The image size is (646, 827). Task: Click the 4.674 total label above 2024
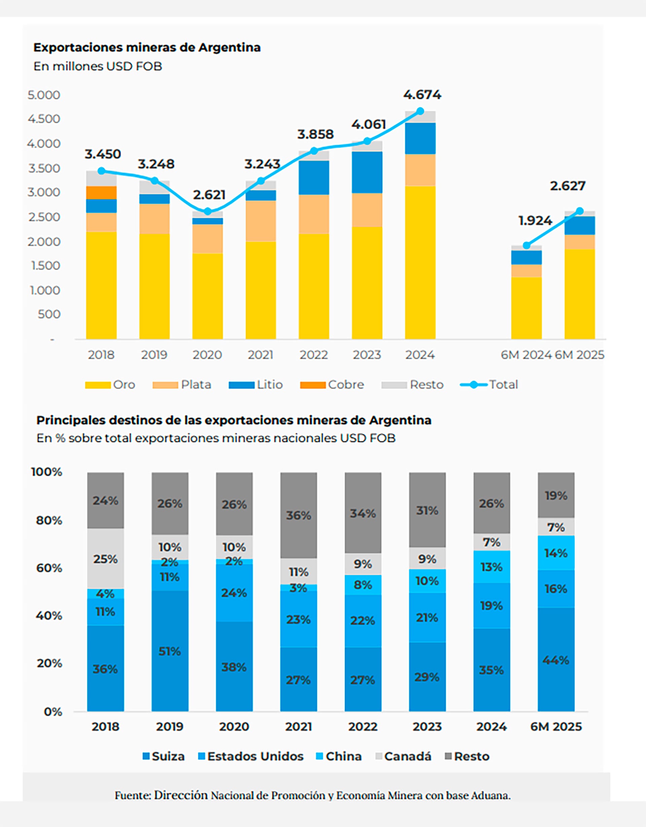click(422, 95)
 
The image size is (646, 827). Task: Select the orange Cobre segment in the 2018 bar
click(101, 193)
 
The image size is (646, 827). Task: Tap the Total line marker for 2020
click(207, 211)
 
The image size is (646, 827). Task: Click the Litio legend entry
click(256, 385)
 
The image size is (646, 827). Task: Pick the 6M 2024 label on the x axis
click(526, 355)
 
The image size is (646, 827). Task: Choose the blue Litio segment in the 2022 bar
click(314, 177)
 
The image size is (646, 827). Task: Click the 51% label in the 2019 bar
click(170, 651)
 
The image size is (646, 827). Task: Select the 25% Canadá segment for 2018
click(105, 559)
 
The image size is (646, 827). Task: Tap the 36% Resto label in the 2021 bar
click(298, 516)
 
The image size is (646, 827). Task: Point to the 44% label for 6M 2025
click(555, 660)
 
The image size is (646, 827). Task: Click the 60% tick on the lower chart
click(49, 568)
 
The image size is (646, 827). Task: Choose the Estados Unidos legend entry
click(251, 756)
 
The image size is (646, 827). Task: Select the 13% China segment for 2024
click(491, 567)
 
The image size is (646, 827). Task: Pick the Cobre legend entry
click(332, 385)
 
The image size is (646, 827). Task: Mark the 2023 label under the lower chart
click(427, 727)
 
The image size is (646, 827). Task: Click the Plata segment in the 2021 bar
click(260, 221)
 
